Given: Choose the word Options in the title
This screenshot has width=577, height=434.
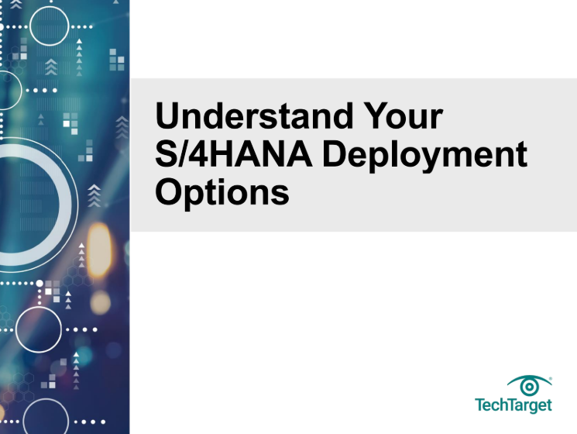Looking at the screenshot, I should [x=222, y=192].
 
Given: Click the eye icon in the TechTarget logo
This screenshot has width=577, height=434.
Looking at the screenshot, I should [x=529, y=385].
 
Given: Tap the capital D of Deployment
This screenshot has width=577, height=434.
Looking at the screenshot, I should [x=335, y=154].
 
